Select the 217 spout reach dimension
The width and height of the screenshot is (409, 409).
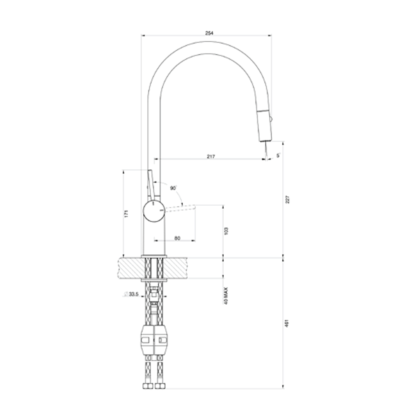click(x=211, y=156)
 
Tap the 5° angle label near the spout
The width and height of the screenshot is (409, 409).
click(x=278, y=155)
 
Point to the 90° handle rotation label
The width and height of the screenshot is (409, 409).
click(x=173, y=188)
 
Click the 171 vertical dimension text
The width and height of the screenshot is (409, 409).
click(x=126, y=213)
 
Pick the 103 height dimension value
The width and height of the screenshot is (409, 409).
click(x=227, y=231)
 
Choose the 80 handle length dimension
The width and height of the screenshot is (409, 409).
click(x=177, y=238)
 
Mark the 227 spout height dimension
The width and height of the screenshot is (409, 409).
click(x=287, y=200)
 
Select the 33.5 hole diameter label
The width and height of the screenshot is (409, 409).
click(x=132, y=294)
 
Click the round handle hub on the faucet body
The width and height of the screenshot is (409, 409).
click(x=153, y=211)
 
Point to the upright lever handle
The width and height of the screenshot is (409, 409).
click(x=151, y=184)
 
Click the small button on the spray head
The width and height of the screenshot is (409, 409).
click(x=271, y=119)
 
